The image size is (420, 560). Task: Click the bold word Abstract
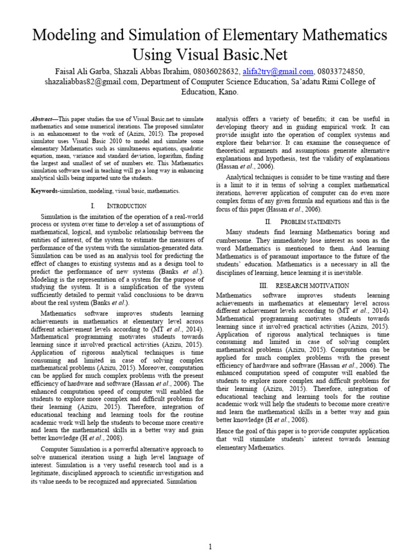[43, 119]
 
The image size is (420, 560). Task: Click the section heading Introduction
[126, 206]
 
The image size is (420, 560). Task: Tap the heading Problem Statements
[311, 221]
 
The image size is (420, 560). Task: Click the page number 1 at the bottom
[209, 546]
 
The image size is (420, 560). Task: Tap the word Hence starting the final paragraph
[226, 431]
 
